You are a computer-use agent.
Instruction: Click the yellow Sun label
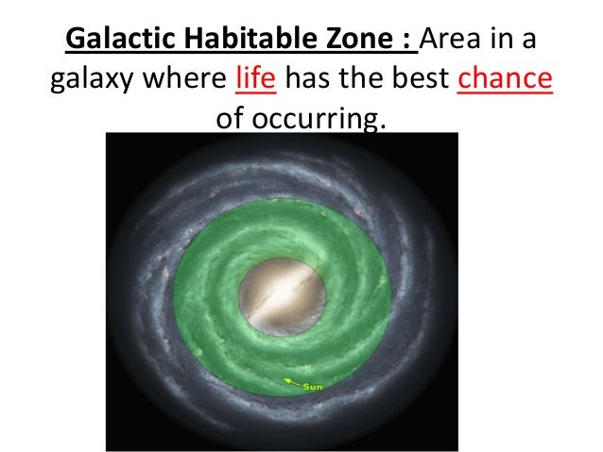point(312,386)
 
